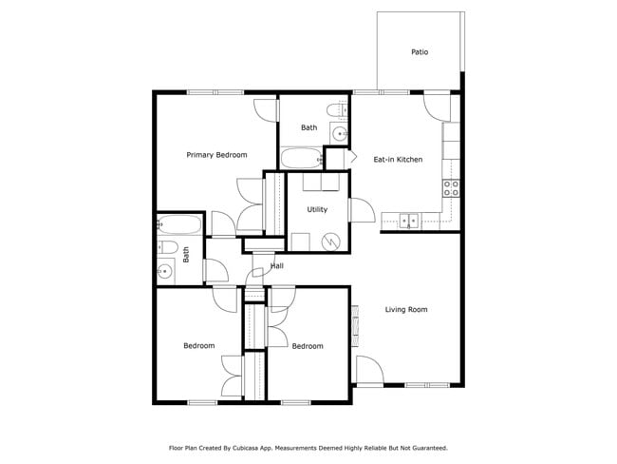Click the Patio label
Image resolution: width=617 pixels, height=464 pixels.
pyautogui.click(x=419, y=52)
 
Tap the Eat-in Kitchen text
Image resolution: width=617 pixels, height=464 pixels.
pyautogui.click(x=398, y=160)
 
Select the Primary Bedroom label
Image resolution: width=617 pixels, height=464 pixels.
pyautogui.click(x=216, y=155)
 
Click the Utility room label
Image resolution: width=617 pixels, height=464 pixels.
pyautogui.click(x=317, y=209)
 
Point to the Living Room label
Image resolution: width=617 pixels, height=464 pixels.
pyautogui.click(x=406, y=310)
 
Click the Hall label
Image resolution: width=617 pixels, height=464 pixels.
pyautogui.click(x=277, y=266)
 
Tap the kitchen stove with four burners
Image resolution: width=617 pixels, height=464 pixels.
pyautogui.click(x=453, y=187)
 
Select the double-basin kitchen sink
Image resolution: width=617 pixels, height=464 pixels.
pyautogui.click(x=409, y=221)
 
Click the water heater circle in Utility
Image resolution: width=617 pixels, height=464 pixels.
pyautogui.click(x=331, y=242)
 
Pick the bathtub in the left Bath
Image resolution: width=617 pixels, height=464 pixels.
pyautogui.click(x=179, y=225)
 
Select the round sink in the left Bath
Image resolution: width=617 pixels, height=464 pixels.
pyautogui.click(x=165, y=272)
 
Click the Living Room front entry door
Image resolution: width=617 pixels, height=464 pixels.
pyautogui.click(x=368, y=371)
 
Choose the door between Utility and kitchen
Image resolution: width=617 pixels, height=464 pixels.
pyautogui.click(x=361, y=209)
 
